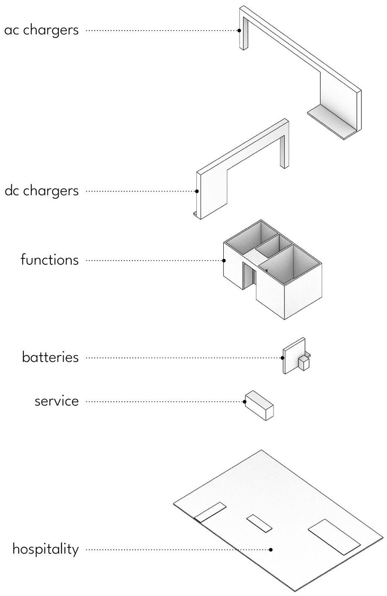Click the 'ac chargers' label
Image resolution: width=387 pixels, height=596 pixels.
point(41,30)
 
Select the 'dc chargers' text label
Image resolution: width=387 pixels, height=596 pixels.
point(41,191)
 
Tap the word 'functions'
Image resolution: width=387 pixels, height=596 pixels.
point(49,260)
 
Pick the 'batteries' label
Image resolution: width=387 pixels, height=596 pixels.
point(50,357)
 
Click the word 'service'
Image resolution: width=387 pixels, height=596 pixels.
point(57,401)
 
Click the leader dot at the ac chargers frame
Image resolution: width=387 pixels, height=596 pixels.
point(239,30)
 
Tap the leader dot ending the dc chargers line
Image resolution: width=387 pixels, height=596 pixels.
point(197,191)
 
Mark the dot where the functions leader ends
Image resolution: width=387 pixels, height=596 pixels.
point(224,260)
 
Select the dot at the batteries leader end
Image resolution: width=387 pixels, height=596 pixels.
point(283,358)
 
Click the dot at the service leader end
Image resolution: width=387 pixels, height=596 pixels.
point(245,402)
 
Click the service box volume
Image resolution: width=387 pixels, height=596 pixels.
point(259,405)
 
